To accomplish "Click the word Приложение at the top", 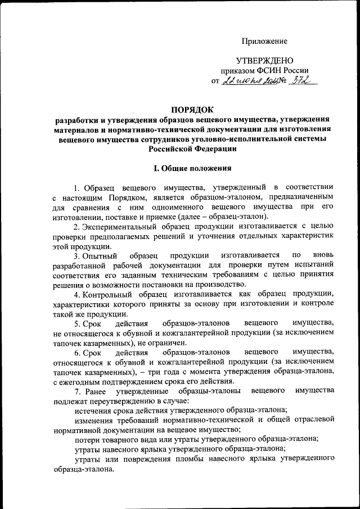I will (264, 41).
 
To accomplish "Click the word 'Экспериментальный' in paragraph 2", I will (120, 227).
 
